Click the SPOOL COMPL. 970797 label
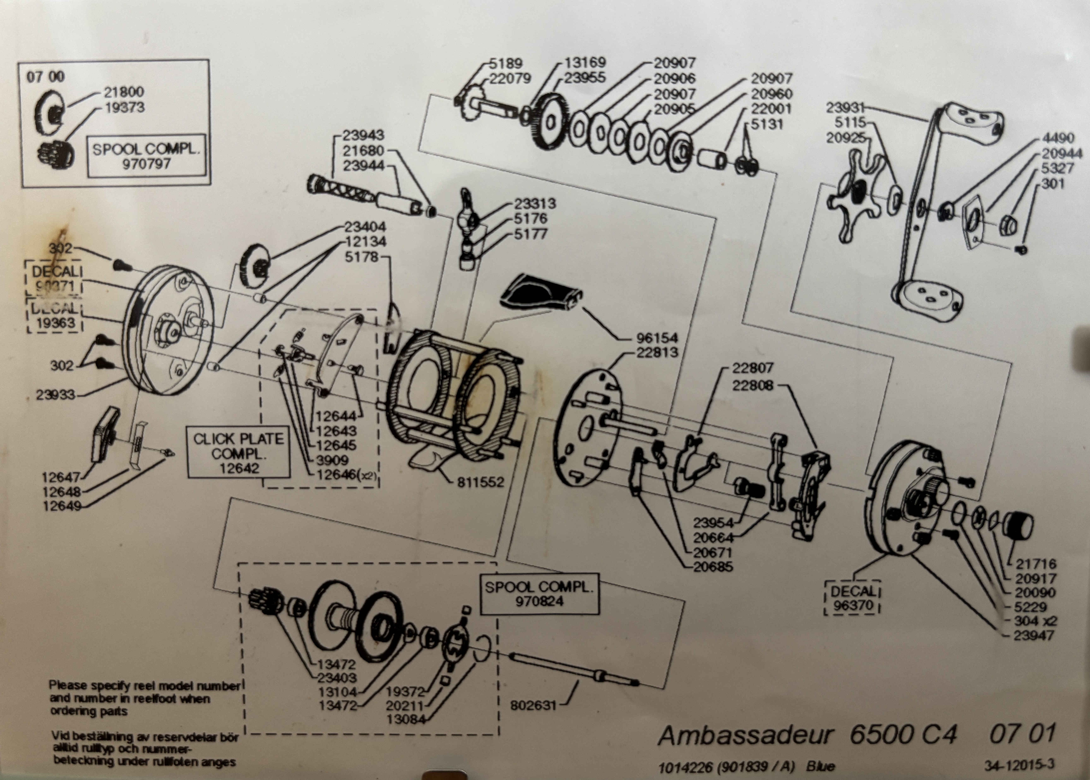[x=145, y=156]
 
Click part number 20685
[x=713, y=567]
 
